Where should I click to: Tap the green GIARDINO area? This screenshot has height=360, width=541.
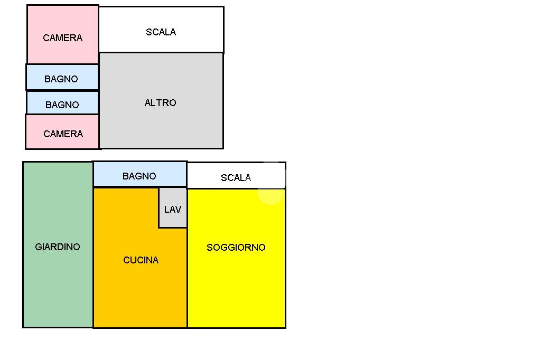(x=58, y=274)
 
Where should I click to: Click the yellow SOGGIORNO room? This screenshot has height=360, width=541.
(x=236, y=285)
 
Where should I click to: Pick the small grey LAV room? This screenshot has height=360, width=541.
(x=173, y=219)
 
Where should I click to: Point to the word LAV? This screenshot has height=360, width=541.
(x=173, y=210)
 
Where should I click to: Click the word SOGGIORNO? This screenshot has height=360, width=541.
(x=236, y=248)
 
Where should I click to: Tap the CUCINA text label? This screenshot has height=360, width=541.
(x=141, y=260)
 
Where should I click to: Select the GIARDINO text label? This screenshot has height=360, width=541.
(x=58, y=247)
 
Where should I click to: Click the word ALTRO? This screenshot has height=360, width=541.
(x=161, y=103)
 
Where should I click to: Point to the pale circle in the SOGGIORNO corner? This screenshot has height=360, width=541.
(x=270, y=193)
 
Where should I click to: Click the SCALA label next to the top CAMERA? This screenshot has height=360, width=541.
(x=161, y=32)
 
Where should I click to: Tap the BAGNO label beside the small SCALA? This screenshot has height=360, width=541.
(x=139, y=176)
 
